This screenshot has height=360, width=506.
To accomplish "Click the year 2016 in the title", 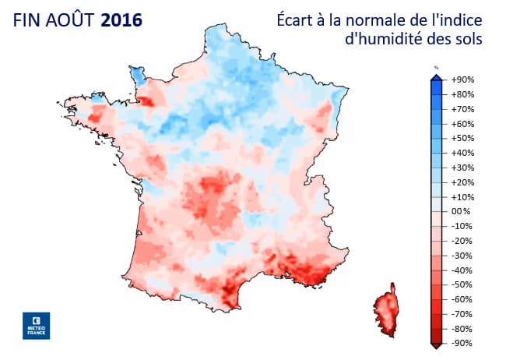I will click(x=121, y=19).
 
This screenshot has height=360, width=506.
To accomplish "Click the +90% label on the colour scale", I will click(x=463, y=79).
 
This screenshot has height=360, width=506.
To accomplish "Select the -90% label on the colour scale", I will click(x=463, y=343).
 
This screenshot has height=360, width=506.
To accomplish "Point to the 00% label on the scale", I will click(x=462, y=211).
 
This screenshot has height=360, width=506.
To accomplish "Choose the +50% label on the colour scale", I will click(x=463, y=138).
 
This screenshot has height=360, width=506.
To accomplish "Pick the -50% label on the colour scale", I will click(x=463, y=284).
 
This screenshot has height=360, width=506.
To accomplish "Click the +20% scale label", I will click(x=463, y=182).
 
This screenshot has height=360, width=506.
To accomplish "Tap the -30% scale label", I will click(x=463, y=255).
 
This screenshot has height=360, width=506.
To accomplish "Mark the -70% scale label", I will click(x=463, y=313).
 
